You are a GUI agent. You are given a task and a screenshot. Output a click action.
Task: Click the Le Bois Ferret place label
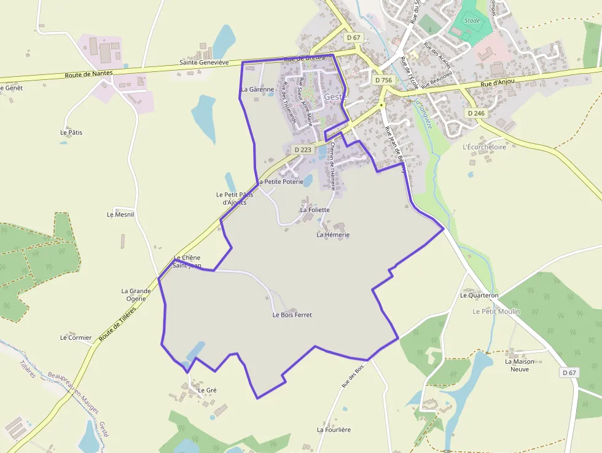pos(292,315)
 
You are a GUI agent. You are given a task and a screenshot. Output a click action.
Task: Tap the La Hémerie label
pos(333,235)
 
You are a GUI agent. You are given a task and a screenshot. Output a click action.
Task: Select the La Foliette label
pos(315,210)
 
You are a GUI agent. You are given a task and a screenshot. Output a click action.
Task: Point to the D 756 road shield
pos(383,81)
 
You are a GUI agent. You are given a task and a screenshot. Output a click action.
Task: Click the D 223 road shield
pos(303,149)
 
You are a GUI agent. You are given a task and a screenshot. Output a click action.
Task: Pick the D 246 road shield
pos(476,113)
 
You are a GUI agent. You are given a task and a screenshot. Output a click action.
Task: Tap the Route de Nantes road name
pos(89,74)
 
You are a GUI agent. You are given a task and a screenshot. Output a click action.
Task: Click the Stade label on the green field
pos(472,20)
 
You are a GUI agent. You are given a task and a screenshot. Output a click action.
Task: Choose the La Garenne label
pos(257,90)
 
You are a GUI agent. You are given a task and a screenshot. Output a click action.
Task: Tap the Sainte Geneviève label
pos(204,63)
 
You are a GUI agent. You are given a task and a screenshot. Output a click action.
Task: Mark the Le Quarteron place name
pos(479,296)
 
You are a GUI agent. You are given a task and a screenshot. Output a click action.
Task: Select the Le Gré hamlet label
pos(207,390)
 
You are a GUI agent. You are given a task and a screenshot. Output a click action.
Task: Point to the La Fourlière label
pos(334,430)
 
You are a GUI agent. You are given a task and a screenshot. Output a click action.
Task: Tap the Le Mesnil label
pos(120,215)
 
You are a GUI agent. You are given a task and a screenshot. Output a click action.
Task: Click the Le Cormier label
pos(76,338)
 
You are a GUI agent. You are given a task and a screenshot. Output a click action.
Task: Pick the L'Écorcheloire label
pos(484,148)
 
